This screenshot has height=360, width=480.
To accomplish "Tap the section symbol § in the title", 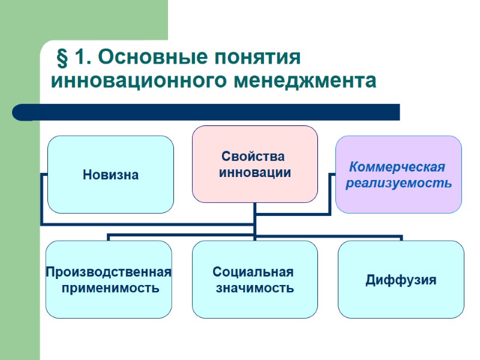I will click(x=61, y=58).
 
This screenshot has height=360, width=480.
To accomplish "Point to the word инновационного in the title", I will click(x=140, y=80).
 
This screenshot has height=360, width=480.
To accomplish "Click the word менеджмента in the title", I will click(x=305, y=80).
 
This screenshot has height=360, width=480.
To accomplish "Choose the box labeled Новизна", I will click(x=110, y=175).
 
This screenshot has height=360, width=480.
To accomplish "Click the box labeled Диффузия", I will click(x=401, y=280).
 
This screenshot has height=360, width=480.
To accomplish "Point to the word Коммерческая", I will click(x=397, y=167).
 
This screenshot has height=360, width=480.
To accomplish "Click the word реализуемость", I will click(x=398, y=182).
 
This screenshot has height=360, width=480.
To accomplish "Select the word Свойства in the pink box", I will click(x=253, y=157).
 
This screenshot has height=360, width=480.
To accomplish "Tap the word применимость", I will click(x=110, y=288).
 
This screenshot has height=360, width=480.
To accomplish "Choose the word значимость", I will click(x=254, y=288).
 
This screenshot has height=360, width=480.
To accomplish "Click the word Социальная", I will click(x=253, y=272).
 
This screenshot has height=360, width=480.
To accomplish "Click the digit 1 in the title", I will click(x=80, y=58).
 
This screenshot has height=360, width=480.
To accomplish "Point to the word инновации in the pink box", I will click(x=254, y=173).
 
